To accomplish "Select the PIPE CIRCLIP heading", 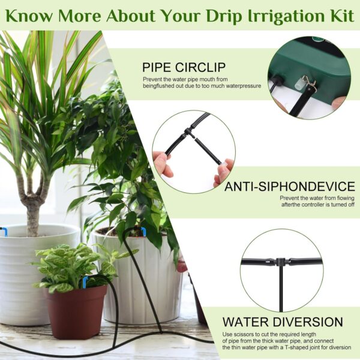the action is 184,67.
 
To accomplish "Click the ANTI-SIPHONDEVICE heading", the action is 290,186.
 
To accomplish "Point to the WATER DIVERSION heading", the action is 283,322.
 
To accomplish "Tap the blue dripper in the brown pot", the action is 85,282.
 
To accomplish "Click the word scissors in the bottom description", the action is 241,334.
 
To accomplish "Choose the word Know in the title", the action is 31,16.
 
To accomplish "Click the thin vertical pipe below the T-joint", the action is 281,289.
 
